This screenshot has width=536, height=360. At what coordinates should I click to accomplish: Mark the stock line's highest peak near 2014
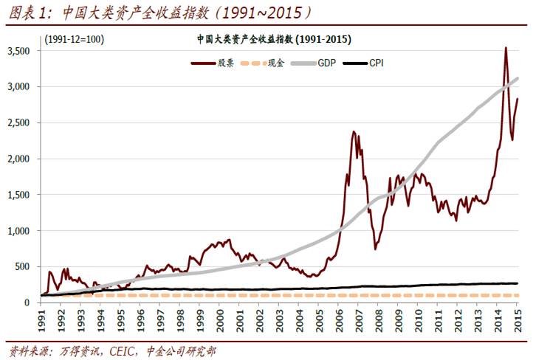pyautogui.click(x=505, y=48)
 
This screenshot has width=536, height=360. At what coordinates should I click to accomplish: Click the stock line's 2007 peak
pyautogui.click(x=354, y=132)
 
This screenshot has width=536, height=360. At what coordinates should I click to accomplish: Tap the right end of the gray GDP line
pyautogui.click(x=517, y=78)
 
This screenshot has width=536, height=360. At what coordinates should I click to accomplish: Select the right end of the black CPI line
pyautogui.click(x=517, y=283)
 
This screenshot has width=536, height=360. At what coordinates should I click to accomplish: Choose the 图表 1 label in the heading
pyautogui.click(x=24, y=13)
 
